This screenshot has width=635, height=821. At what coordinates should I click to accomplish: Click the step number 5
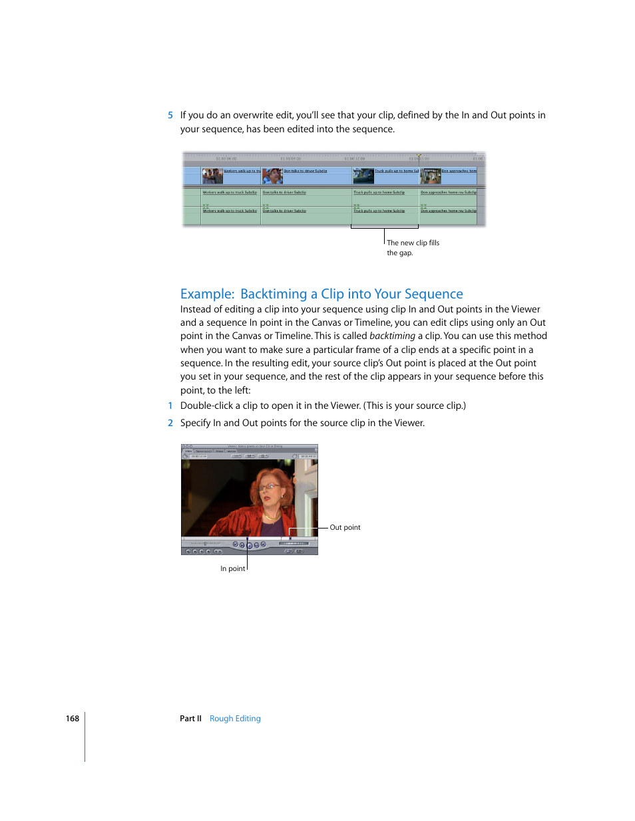pyautogui.click(x=170, y=115)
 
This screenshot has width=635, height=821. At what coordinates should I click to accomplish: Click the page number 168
pyautogui.click(x=72, y=719)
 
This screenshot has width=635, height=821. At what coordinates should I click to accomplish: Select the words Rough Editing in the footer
pyautogui.click(x=235, y=719)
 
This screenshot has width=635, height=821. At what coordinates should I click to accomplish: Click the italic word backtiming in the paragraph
pyautogui.click(x=392, y=336)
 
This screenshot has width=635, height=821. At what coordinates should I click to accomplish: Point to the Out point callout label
pyautogui.click(x=345, y=527)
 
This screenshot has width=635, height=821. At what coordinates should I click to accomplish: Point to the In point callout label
pyautogui.click(x=232, y=568)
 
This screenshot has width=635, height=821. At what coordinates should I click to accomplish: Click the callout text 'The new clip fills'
pyautogui.click(x=413, y=243)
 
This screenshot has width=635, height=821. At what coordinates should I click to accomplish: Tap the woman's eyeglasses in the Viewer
pyautogui.click(x=270, y=487)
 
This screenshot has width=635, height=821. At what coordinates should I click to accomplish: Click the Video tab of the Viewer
pyautogui.click(x=188, y=451)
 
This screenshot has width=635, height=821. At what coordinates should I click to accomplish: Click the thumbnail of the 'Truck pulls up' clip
pyautogui.click(x=363, y=176)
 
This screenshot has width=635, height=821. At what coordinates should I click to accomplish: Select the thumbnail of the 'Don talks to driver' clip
pyautogui.click(x=272, y=176)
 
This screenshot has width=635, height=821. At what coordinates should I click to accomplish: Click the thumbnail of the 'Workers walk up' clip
pyautogui.click(x=212, y=176)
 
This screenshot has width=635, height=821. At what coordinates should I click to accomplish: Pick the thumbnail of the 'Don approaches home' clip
pyautogui.click(x=431, y=176)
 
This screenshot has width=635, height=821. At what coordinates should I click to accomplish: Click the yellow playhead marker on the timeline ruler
pyautogui.click(x=419, y=156)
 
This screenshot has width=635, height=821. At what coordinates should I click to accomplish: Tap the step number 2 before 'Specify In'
pyautogui.click(x=170, y=423)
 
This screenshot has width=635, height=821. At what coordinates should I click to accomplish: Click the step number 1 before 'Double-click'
pyautogui.click(x=170, y=406)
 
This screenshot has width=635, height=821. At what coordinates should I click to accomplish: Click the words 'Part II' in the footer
pyautogui.click(x=190, y=719)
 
